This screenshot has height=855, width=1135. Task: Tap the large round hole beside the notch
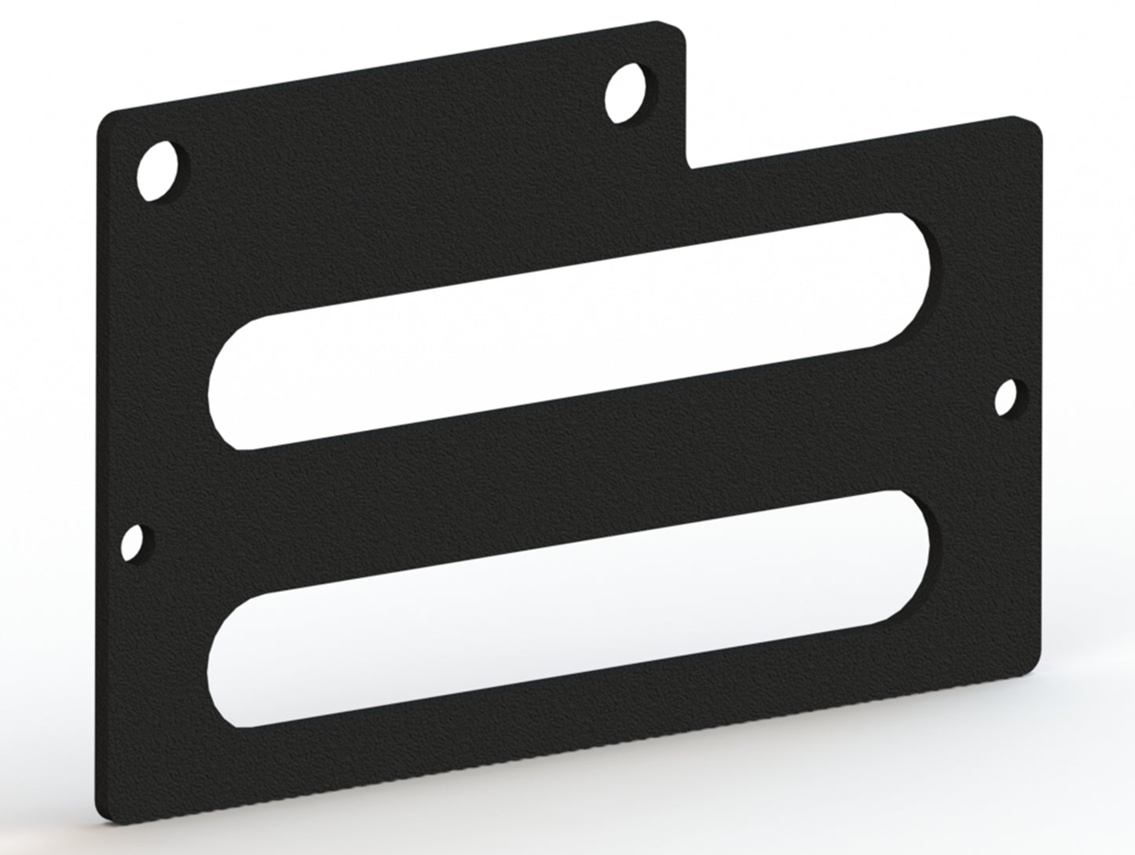[627, 93]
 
